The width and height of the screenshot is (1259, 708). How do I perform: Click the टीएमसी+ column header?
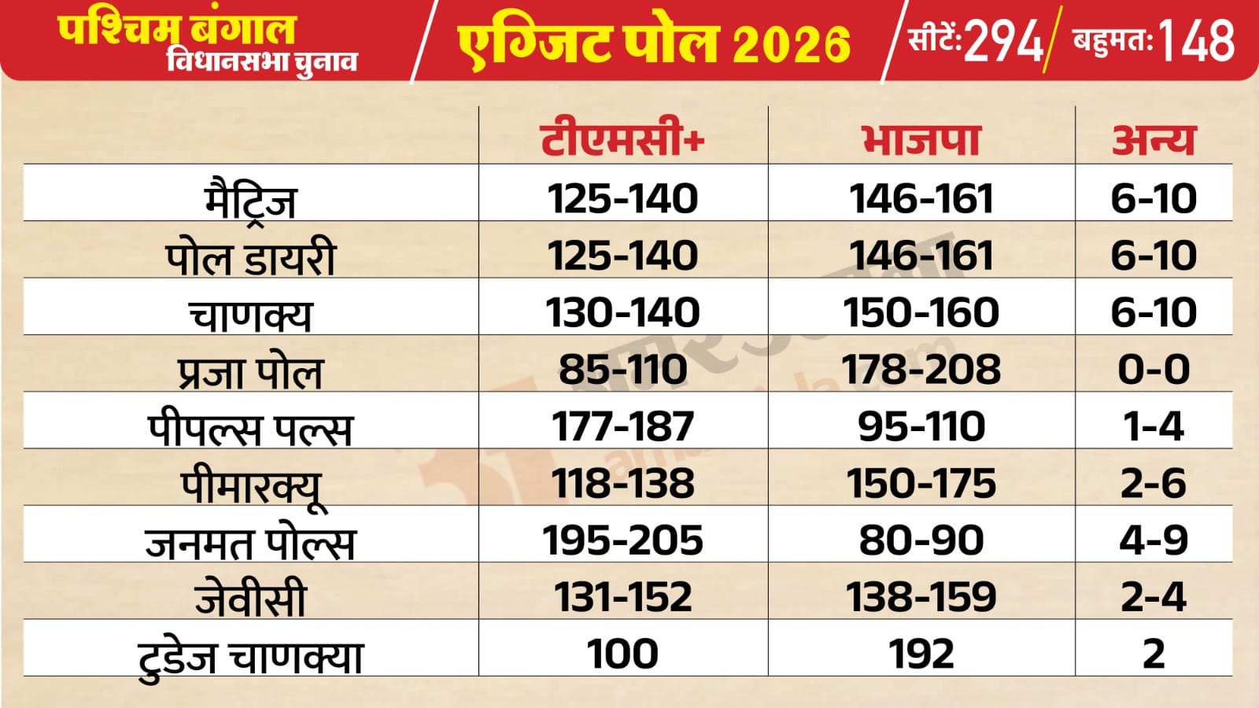coord(622,139)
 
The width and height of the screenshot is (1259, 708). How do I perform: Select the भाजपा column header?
coord(921,139)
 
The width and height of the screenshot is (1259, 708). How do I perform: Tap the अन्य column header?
coord(1154,139)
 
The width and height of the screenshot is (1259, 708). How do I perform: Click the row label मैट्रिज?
coord(250,200)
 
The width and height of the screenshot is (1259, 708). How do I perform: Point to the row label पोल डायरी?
coord(250,257)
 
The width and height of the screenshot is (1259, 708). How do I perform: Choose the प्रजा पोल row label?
coord(250,371)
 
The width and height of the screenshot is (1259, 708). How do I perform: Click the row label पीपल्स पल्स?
coord(250,429)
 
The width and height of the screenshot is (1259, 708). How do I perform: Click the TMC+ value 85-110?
coord(622,370)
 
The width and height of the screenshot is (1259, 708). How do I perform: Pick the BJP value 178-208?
coord(921,370)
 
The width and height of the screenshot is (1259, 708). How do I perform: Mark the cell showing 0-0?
coord(1154,370)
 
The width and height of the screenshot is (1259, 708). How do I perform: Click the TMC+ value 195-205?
coord(622,540)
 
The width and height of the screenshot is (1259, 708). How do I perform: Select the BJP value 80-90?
coord(921,540)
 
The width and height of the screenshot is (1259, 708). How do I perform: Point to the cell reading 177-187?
coord(622,426)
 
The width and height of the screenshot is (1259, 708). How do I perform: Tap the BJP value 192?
coord(921,654)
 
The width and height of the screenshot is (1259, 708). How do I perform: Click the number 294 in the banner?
coord(1003,41)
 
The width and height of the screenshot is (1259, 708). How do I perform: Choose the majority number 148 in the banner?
coord(1196,41)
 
